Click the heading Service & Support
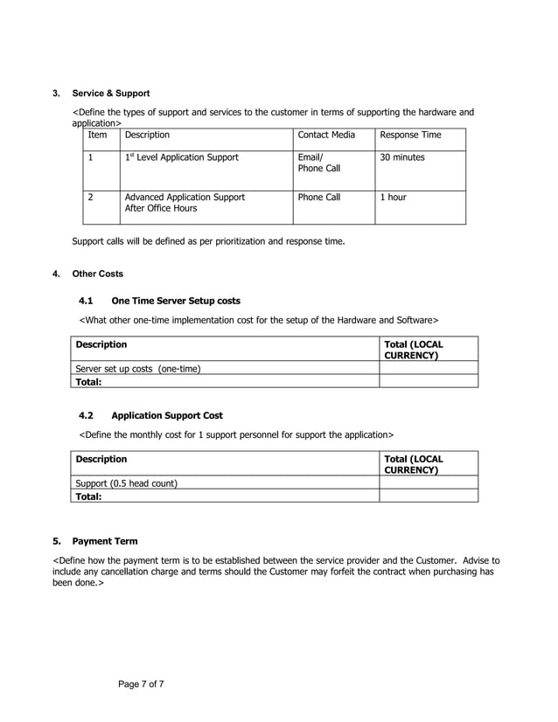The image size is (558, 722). click(110, 93)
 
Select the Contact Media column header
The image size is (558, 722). click(326, 135)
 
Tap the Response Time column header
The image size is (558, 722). click(409, 135)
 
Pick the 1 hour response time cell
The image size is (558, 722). click(392, 198)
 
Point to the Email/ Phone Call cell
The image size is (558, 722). click(318, 163)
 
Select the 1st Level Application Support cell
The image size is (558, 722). click(181, 157)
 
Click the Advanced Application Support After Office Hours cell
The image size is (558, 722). click(185, 203)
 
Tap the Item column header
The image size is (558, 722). click(97, 135)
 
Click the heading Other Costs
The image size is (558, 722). click(97, 274)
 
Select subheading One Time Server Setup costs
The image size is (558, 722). click(176, 301)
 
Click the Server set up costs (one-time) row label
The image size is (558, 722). click(138, 368)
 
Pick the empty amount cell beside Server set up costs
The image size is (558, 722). click(428, 368)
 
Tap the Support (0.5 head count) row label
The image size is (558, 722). click(127, 482)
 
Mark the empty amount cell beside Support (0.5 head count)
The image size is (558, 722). click(428, 482)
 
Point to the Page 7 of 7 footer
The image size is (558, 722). click(141, 684)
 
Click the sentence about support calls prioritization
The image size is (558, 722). click(207, 240)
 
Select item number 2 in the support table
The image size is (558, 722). click(90, 198)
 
